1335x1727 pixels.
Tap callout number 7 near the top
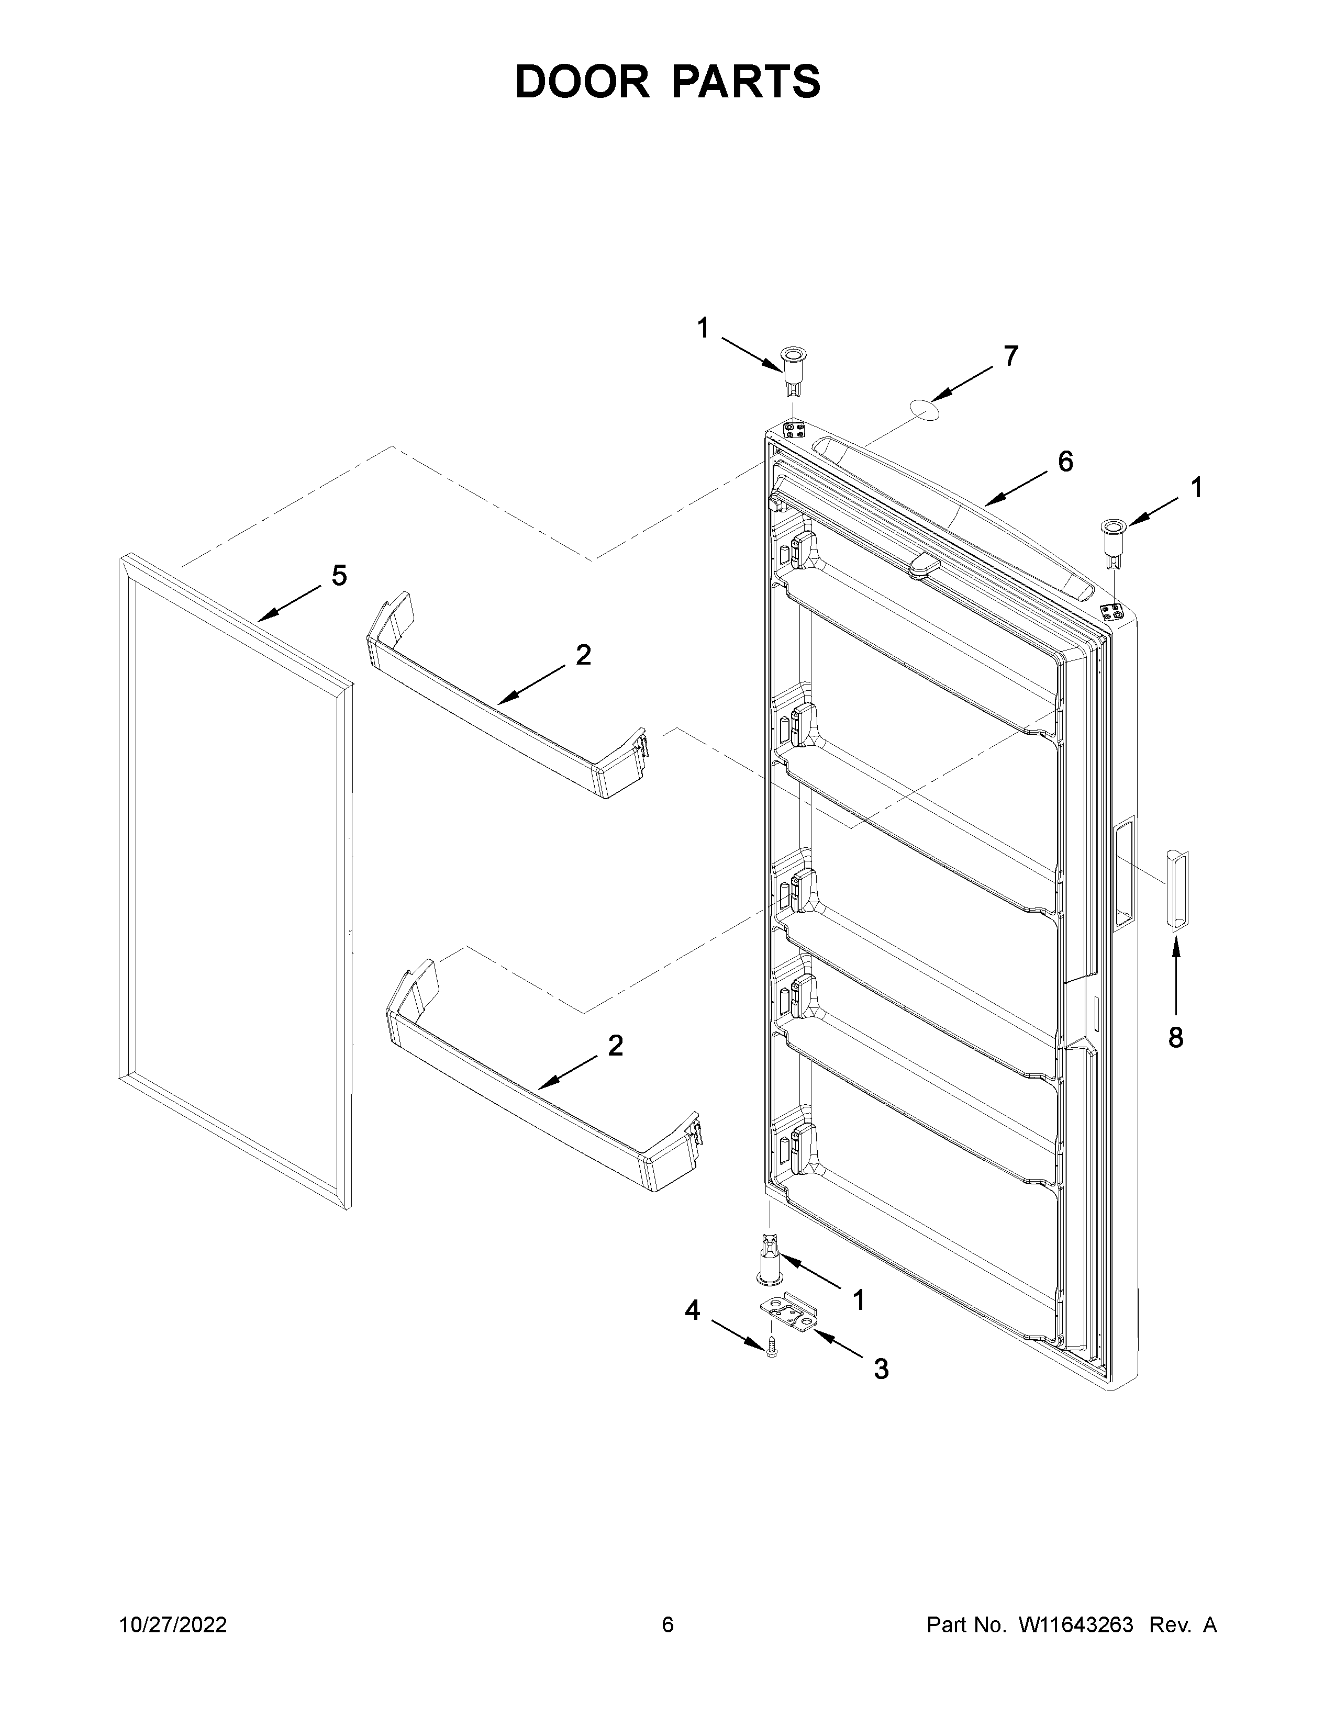tap(1011, 356)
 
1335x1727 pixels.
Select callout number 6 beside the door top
tap(1065, 462)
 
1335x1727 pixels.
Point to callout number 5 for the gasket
tap(339, 576)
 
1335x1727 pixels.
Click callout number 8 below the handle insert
tap(1175, 1037)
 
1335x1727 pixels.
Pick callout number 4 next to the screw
tap(692, 1310)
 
